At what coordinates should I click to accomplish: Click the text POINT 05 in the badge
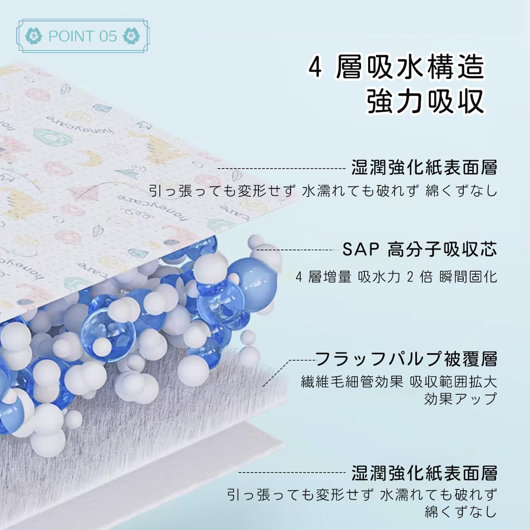coord(83,36)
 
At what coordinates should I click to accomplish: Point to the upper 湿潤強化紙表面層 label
coord(424,168)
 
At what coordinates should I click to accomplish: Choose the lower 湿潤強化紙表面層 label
coord(424,472)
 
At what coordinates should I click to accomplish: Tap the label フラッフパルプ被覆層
coord(406,359)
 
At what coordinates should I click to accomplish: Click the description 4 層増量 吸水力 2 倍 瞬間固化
coord(396,276)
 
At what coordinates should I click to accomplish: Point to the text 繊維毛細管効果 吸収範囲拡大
coord(399,381)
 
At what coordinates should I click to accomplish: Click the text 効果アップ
coord(460,399)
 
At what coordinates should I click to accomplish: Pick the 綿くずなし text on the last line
coord(460,512)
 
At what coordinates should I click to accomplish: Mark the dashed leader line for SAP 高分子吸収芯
coord(298,250)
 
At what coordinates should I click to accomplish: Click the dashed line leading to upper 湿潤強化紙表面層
coord(282,169)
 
